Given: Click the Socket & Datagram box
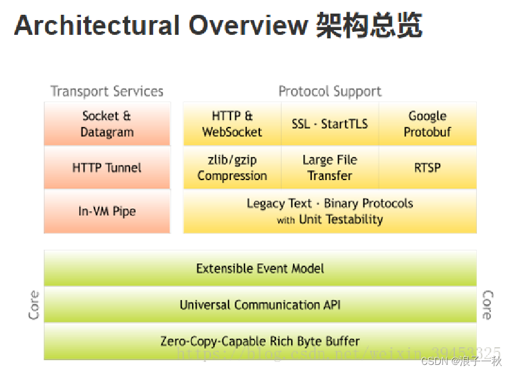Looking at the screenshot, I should (x=107, y=124).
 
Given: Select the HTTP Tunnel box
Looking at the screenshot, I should (x=107, y=168).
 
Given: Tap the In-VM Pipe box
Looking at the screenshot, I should (x=107, y=211).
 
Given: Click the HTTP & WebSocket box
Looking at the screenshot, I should (x=232, y=124).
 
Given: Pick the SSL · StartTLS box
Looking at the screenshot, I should (x=330, y=124).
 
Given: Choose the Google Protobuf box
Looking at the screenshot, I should (x=427, y=124).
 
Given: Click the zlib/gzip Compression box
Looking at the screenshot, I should (x=232, y=168).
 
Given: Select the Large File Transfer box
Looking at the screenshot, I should (x=330, y=168).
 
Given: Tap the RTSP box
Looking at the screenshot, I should (x=427, y=168).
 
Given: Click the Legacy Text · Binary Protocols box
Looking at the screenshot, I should (x=330, y=211).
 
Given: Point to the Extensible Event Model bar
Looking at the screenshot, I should (x=260, y=269).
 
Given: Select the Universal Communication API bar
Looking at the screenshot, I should (x=260, y=305).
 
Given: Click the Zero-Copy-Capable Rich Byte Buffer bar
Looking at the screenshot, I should (x=260, y=341).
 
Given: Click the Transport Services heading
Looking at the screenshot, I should (x=107, y=92).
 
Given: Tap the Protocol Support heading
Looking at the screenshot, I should (x=330, y=92).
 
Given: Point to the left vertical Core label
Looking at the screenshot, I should (x=34, y=305).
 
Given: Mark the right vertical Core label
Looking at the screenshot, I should (x=487, y=305).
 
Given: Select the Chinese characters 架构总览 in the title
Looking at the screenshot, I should (x=369, y=26).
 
